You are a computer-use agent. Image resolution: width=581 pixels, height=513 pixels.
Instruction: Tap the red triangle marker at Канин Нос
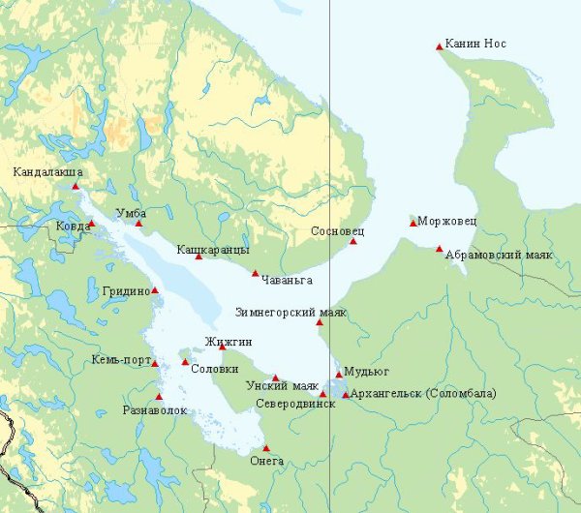pos(439,45)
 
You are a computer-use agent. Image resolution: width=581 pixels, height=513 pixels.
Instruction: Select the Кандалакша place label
pos(47,172)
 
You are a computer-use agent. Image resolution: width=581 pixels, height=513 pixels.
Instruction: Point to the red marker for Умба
pos(138,224)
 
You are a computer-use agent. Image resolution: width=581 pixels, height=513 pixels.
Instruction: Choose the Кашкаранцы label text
pos(212,250)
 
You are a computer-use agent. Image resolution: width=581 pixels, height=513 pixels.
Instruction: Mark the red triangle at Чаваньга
pos(256,273)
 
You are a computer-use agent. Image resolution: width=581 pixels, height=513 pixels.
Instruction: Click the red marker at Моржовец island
pos(413,224)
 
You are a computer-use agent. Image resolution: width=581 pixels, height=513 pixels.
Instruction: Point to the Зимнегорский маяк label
pos(290,312)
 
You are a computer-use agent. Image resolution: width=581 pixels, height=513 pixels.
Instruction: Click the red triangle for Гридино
pos(155,289)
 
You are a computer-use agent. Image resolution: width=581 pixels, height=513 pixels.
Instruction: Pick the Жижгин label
pos(229,342)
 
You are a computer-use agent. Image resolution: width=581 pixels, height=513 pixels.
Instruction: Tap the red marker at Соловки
pos(185,362)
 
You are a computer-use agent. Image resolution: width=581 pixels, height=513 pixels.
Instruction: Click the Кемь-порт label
pos(120,361)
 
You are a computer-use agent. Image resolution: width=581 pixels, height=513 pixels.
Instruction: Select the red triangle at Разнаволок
pos(159,396)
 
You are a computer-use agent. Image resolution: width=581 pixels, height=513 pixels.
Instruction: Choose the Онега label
pos(266,461)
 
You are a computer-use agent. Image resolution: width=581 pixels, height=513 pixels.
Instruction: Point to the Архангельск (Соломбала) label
pos(424,393)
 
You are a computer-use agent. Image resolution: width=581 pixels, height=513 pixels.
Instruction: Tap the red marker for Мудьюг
pos(339,374)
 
